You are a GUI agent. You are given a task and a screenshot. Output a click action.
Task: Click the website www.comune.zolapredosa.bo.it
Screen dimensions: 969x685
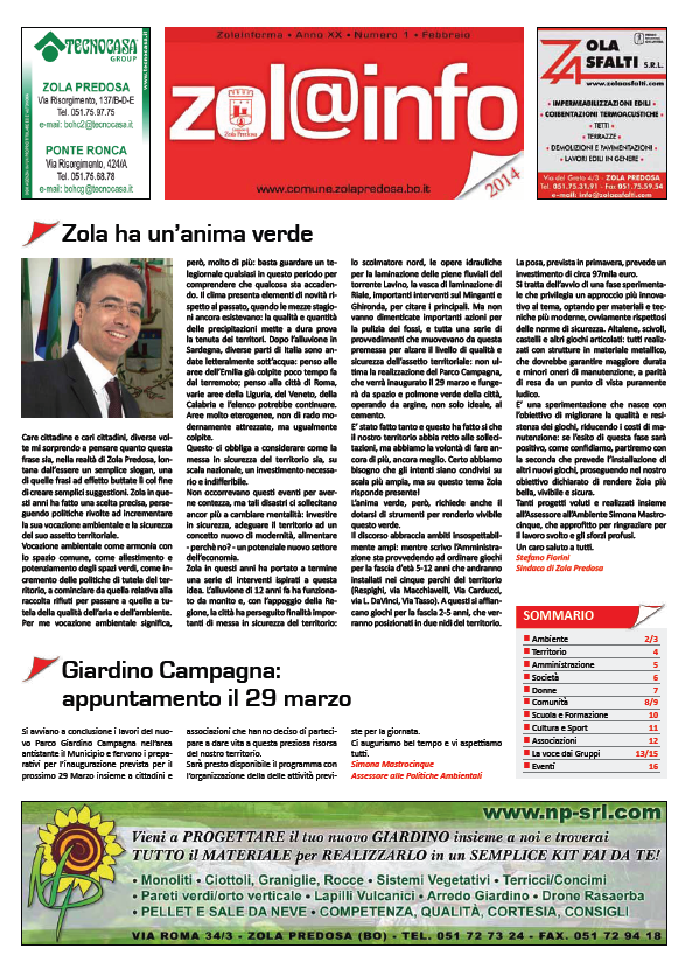pos(343,189)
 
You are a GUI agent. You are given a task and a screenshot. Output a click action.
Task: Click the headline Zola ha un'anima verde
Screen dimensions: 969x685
pos(187,234)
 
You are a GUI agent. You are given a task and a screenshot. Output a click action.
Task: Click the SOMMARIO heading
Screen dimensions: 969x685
pos(558,615)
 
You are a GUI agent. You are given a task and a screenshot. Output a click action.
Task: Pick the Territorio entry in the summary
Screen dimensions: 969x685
pos(548,651)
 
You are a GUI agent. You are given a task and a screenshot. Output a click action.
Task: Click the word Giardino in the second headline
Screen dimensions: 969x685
pos(111,671)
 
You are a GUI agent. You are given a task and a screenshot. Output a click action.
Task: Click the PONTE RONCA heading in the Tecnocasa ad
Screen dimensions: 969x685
pos(86,150)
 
